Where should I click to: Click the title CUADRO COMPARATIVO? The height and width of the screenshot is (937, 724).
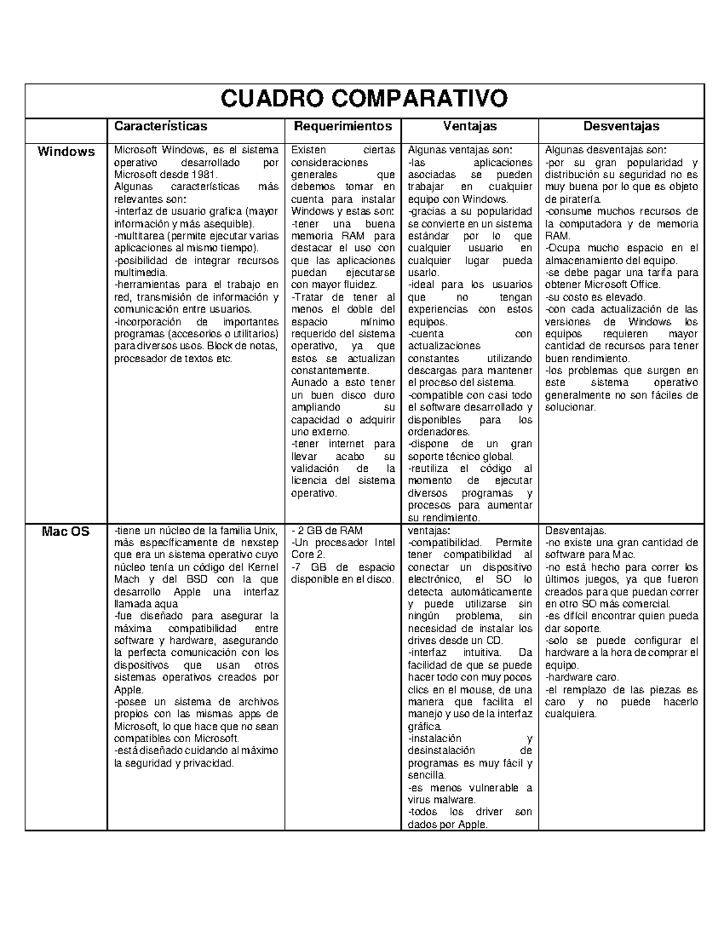click(364, 98)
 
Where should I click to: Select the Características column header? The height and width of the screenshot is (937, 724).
click(160, 126)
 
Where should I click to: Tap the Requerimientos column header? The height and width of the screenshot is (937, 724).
click(342, 126)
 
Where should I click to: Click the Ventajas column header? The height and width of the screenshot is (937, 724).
click(469, 126)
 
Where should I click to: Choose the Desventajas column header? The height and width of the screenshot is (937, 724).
click(621, 126)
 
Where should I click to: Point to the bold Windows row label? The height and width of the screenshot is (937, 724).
click(66, 151)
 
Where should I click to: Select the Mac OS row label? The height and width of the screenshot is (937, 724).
click(66, 532)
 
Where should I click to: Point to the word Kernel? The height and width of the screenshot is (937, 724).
click(263, 567)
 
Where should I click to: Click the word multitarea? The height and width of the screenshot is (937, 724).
click(140, 236)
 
